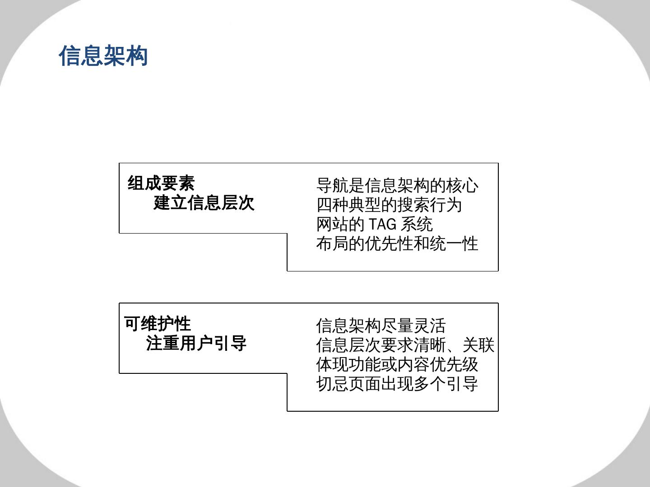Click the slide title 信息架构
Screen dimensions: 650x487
pyautogui.click(x=103, y=56)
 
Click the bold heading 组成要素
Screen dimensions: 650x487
pyautogui.click(x=161, y=183)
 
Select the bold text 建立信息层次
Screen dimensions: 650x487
pyautogui.click(x=204, y=203)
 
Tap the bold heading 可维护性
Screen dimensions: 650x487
pyautogui.click(x=158, y=323)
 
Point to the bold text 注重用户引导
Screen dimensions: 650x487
pyautogui.click(x=196, y=343)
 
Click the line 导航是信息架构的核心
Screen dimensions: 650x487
pyautogui.click(x=397, y=185)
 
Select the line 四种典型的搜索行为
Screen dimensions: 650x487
pyautogui.click(x=389, y=205)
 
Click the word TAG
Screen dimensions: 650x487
pyautogui.click(x=382, y=224)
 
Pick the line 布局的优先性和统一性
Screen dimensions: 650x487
pyautogui.click(x=397, y=243)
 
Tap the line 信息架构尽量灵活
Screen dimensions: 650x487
pyautogui.click(x=381, y=326)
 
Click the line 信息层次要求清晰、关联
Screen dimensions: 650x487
pyautogui.click(x=405, y=345)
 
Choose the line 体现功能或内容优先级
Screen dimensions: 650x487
pyautogui.click(x=397, y=364)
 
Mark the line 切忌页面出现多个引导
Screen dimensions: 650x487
pyautogui.click(x=397, y=384)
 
